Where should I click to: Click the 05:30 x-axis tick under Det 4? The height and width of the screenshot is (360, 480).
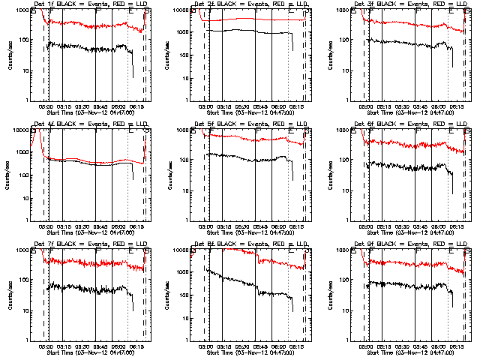point(80,225)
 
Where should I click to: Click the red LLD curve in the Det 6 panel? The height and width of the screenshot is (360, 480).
point(405,142)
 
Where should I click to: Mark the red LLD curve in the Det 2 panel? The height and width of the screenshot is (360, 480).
point(247,19)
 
